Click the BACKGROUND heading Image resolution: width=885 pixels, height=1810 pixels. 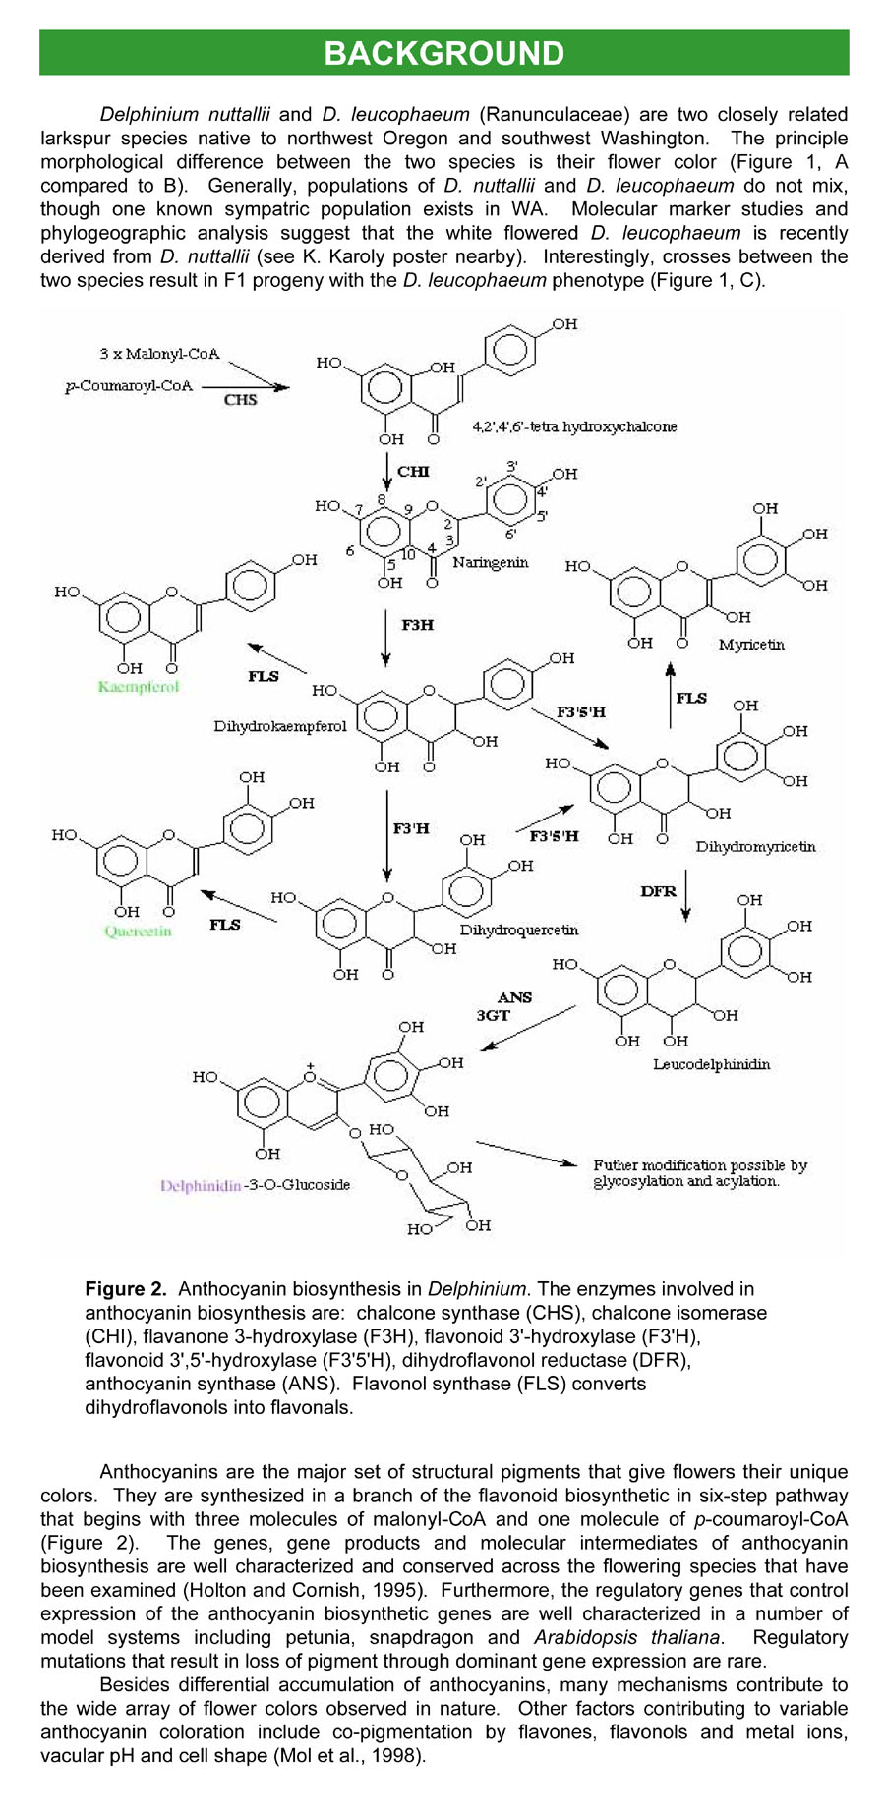(x=443, y=53)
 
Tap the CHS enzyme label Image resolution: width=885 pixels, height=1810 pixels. (x=240, y=400)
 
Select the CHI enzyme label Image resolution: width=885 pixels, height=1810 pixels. (x=413, y=472)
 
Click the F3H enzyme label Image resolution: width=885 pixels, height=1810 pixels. (x=417, y=625)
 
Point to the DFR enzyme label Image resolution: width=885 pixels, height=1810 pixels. (x=658, y=892)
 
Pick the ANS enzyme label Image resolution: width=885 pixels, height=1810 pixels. (x=514, y=997)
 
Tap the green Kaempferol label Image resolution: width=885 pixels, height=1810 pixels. (x=139, y=687)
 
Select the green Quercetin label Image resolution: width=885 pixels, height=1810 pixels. (x=139, y=931)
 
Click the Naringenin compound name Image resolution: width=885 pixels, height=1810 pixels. (x=491, y=563)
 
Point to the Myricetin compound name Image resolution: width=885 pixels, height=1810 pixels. (x=751, y=645)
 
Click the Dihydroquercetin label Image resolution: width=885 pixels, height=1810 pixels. (x=519, y=930)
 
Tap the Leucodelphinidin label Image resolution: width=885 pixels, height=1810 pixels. (x=711, y=1064)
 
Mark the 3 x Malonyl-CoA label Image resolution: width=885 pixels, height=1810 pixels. (x=159, y=353)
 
